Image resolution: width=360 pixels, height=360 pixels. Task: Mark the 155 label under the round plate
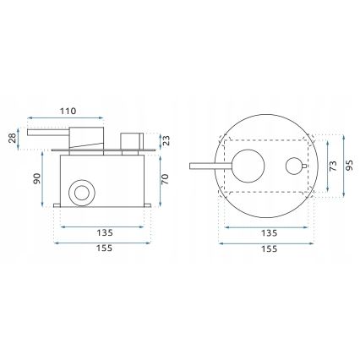269,249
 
